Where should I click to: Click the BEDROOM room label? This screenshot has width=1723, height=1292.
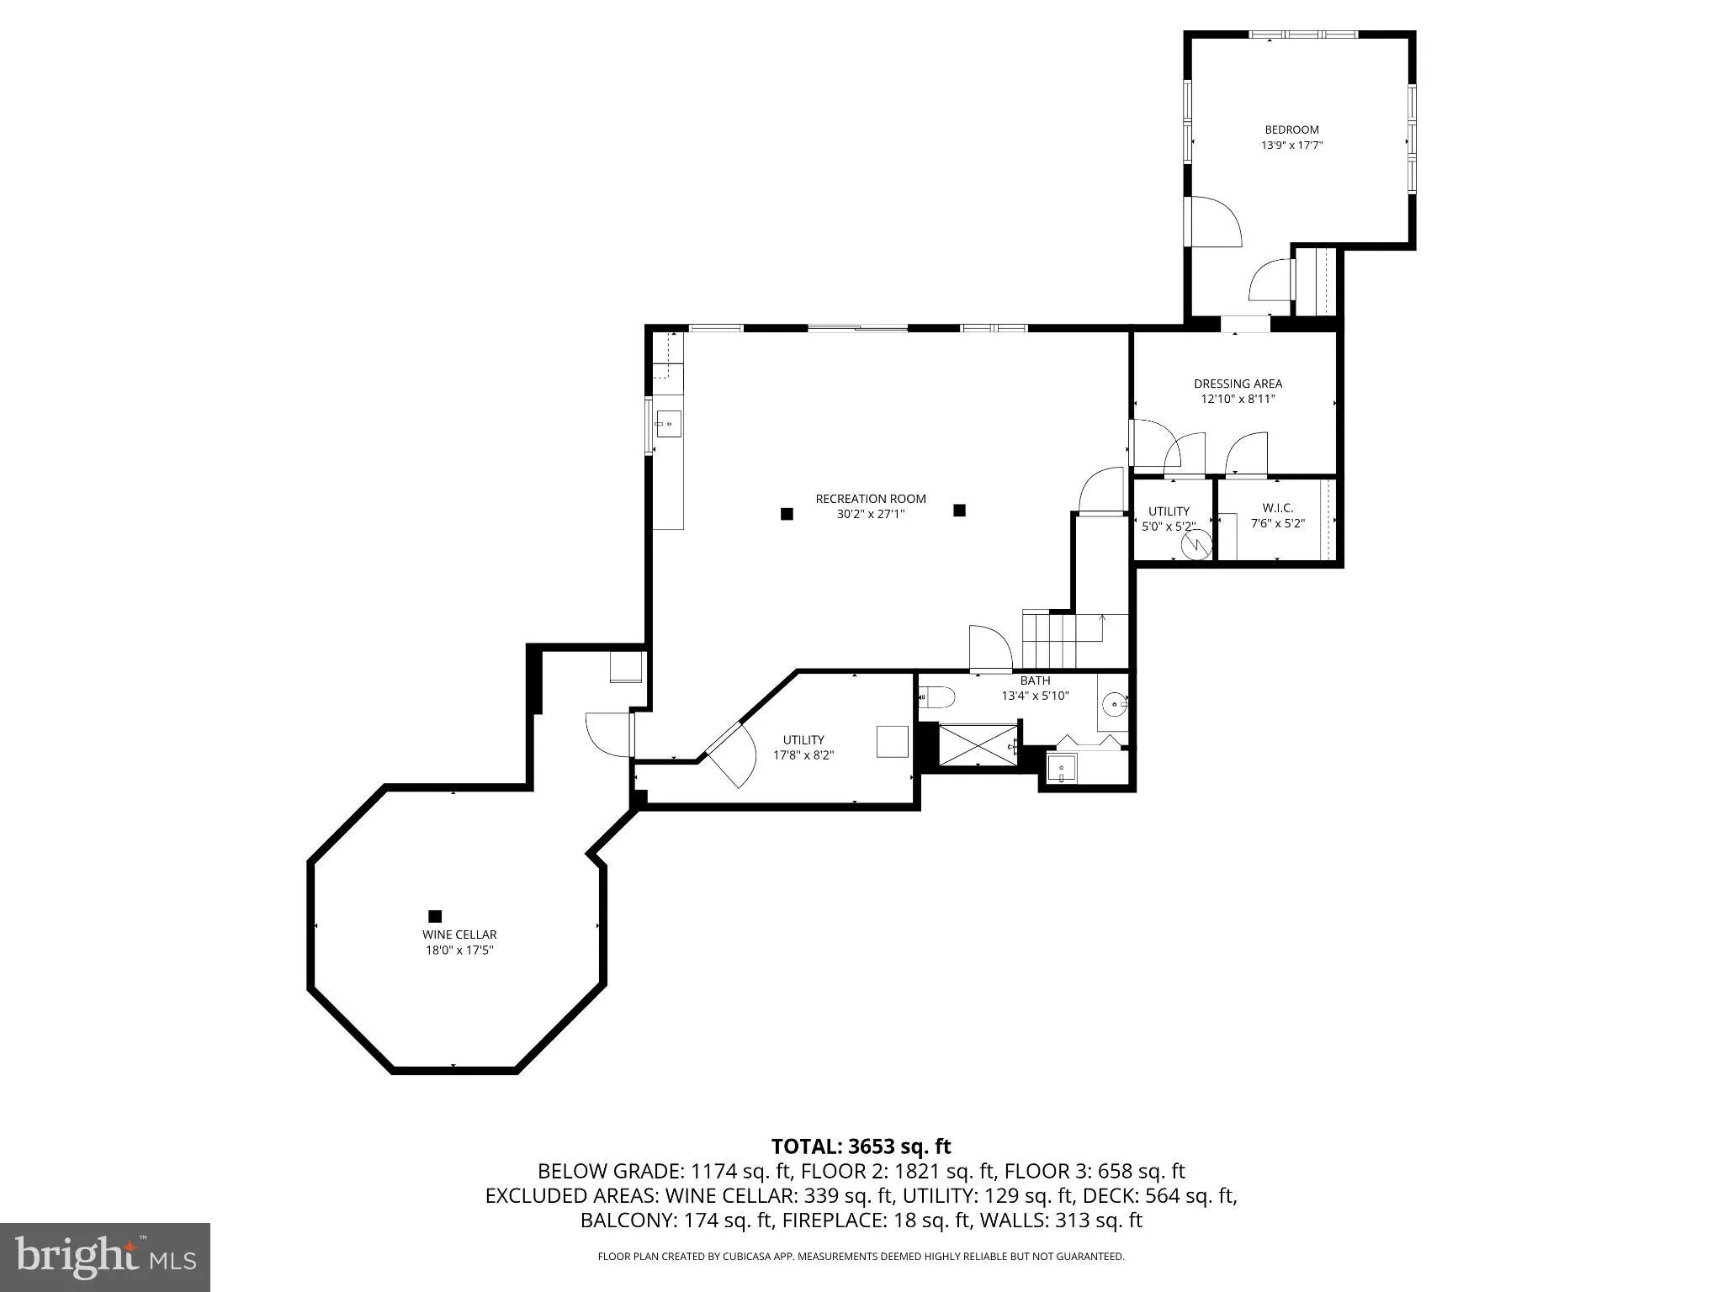pos(1291,130)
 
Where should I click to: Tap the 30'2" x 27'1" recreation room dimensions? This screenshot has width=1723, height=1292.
pos(870,514)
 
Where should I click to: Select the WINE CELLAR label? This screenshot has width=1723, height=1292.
pos(459,935)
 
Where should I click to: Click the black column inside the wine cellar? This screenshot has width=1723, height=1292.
pos(435,916)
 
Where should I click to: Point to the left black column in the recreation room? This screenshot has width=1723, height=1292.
pos(787,514)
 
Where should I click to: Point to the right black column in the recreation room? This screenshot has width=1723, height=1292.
pos(959,510)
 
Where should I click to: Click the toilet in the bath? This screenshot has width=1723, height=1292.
pos(937,697)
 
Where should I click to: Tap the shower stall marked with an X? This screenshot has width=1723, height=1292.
pos(977,744)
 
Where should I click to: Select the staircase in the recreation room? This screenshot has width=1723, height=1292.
pos(1062,639)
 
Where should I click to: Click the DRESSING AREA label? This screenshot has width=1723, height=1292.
pos(1238,384)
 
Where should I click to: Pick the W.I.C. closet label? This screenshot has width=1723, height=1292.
pos(1277,508)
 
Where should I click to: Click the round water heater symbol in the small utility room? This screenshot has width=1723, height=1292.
pos(1194,546)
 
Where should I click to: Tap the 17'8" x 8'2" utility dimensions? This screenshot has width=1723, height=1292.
pos(803,755)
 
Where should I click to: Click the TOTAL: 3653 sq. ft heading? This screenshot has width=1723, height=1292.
pos(861,1146)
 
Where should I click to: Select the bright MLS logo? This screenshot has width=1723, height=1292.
pos(105,1257)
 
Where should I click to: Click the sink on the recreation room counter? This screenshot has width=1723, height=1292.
pos(668,425)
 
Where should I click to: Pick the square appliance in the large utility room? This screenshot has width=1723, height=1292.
pos(893,742)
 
